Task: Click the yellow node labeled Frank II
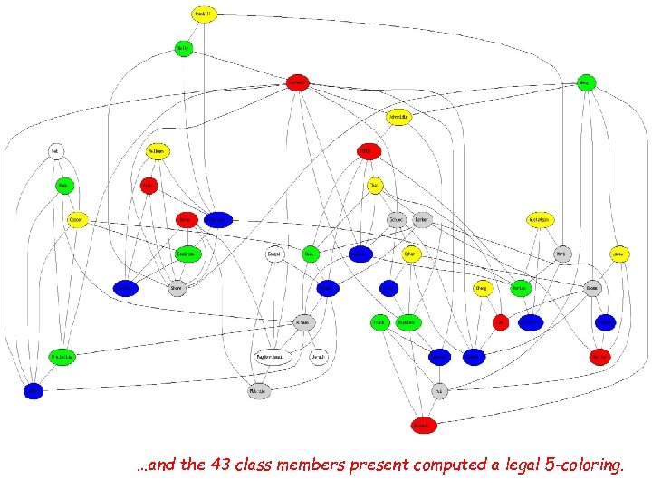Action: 205,14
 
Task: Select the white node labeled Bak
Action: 55,151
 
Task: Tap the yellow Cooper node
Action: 78,219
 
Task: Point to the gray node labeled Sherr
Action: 177,288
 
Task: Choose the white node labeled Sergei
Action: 274,254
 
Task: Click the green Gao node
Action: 310,254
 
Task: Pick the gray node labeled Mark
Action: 561,254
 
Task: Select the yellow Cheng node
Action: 483,288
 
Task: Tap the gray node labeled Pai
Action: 439,391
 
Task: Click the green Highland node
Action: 408,321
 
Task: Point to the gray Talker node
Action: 422,219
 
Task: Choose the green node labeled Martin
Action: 520,288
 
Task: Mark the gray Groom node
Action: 592,288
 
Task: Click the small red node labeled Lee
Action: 499,321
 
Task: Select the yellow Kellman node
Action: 158,151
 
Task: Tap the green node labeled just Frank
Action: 379,321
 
